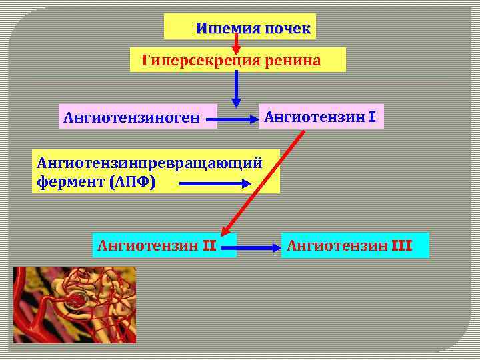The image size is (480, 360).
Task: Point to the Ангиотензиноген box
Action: tap(138, 117)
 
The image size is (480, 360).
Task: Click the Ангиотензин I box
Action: tap(321, 117)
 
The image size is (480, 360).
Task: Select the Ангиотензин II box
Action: tap(163, 245)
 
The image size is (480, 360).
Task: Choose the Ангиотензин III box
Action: tap(355, 245)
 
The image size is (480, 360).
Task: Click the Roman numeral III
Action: tap(402, 246)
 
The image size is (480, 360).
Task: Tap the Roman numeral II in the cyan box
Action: tap(208, 246)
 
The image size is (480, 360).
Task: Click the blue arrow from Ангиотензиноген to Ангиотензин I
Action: tap(238, 121)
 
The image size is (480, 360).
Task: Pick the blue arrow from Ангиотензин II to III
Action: tap(259, 247)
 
